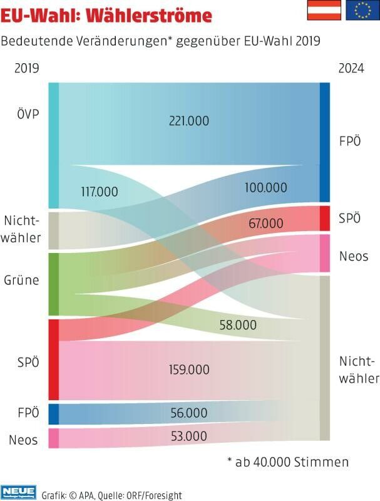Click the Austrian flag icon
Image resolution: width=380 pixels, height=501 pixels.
click(x=324, y=11)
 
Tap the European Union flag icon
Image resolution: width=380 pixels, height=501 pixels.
click(x=362, y=11)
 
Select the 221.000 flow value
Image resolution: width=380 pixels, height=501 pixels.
click(x=189, y=121)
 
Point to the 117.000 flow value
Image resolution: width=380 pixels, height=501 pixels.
click(x=100, y=192)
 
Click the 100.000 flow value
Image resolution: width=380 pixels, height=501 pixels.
click(x=266, y=187)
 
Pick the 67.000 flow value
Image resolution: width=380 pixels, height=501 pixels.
click(x=265, y=223)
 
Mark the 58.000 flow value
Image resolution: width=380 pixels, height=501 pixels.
click(x=238, y=324)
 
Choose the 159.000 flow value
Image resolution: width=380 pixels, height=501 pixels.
click(x=189, y=369)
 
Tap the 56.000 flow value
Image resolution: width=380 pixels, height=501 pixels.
click(x=189, y=413)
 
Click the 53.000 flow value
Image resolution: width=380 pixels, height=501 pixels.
click(x=189, y=436)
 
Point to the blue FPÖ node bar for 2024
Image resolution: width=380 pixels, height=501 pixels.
click(x=324, y=142)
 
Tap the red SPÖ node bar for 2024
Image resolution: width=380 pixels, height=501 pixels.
click(x=324, y=218)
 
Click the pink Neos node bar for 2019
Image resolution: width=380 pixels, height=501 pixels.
click(x=53, y=438)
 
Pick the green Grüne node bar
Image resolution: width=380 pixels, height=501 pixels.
click(x=53, y=284)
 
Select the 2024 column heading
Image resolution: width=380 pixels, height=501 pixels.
click(x=351, y=68)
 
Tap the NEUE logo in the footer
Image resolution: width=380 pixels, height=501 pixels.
click(x=18, y=492)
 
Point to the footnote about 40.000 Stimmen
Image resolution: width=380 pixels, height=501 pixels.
click(x=288, y=462)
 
